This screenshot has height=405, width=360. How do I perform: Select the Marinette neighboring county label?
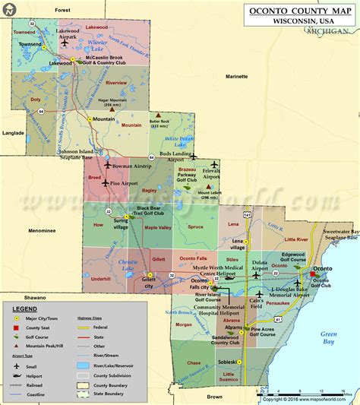point(236,77)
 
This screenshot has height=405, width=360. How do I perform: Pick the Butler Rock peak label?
point(159,124)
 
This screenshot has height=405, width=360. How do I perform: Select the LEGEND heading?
point(24,309)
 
